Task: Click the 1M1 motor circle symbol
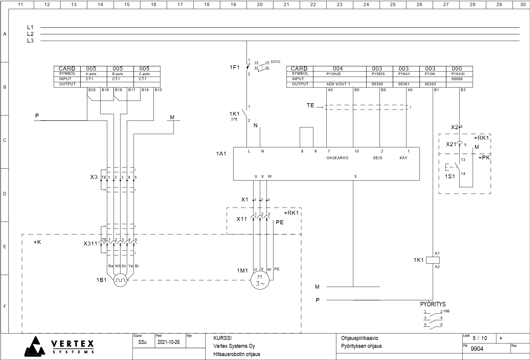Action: click(x=260, y=280)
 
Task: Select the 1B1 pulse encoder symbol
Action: click(x=120, y=280)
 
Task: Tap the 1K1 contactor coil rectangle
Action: click(x=433, y=260)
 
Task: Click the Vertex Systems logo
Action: click(x=60, y=347)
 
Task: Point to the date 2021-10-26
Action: click(x=168, y=342)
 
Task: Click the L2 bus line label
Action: click(x=30, y=34)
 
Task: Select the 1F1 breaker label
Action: click(x=235, y=67)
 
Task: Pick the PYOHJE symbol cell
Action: click(x=334, y=74)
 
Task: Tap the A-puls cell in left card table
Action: click(x=91, y=74)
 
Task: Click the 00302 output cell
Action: click(x=430, y=84)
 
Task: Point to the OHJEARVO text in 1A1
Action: click(x=337, y=158)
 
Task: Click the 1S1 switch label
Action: click(x=450, y=177)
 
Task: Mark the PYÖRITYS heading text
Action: click(x=433, y=304)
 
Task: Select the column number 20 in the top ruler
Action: click(x=260, y=5)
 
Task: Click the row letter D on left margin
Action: click(x=5, y=194)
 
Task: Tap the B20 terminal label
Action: click(x=92, y=90)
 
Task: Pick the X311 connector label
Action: click(x=90, y=244)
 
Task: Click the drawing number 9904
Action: click(x=477, y=349)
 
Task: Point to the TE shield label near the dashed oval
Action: click(x=310, y=105)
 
